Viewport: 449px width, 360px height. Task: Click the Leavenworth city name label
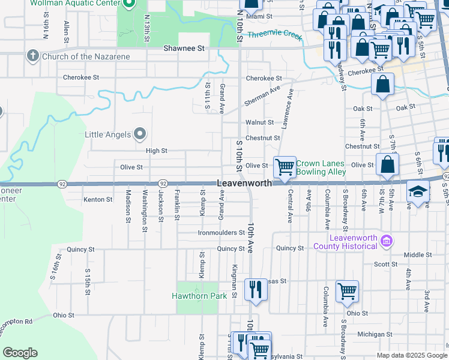tap(244, 183)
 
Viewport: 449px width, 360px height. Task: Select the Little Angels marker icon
tap(140, 133)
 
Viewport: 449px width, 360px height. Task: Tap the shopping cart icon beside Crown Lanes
tap(284, 167)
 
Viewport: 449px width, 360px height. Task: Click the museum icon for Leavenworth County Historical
tap(387, 241)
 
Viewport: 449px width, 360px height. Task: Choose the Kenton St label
tap(98, 199)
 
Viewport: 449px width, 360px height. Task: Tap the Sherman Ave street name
tap(262, 95)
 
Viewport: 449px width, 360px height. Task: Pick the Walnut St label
tap(259, 122)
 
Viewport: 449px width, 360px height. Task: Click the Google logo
tap(20, 353)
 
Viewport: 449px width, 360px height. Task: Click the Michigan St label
tap(374, 334)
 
